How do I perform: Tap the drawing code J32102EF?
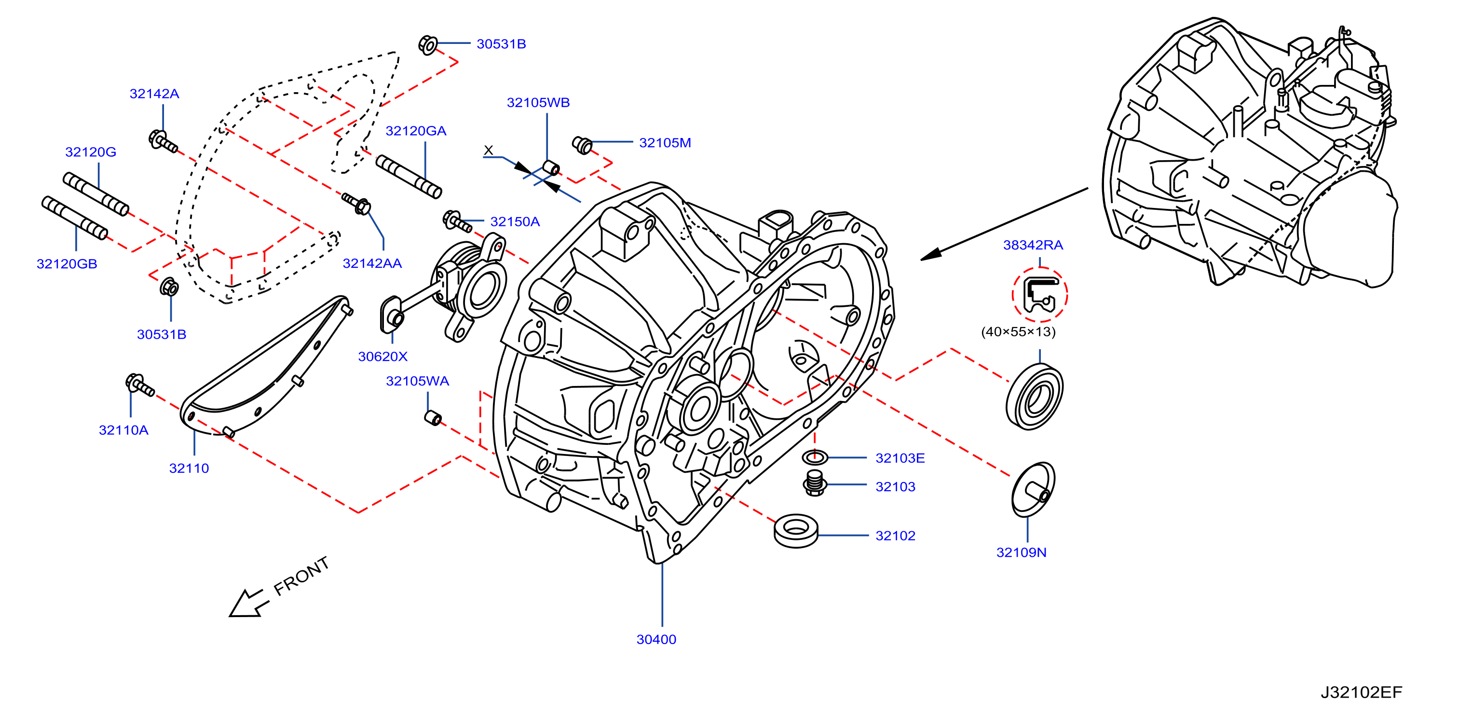click(1361, 692)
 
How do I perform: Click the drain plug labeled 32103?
click(815, 482)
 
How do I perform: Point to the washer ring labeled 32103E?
click(815, 456)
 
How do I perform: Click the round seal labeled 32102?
click(796, 531)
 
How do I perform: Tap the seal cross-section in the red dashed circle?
click(1040, 295)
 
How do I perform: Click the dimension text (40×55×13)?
click(1018, 332)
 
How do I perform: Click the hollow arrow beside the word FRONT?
click(247, 603)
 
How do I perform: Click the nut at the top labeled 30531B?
click(428, 44)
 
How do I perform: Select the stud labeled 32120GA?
click(409, 177)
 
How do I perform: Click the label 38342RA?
click(1033, 245)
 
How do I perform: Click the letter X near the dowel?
click(488, 150)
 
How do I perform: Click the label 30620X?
click(383, 356)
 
